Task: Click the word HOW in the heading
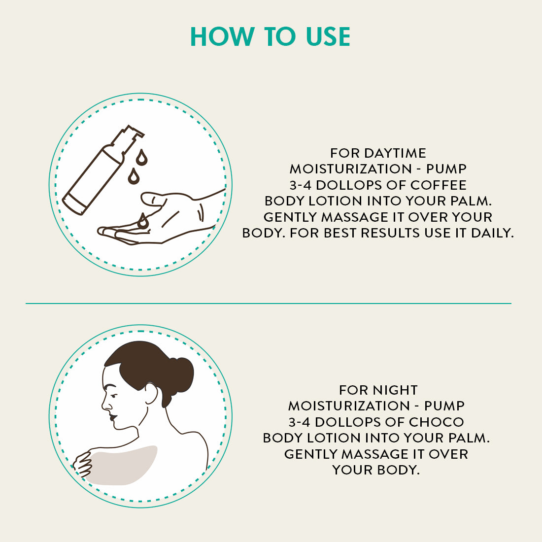click(x=222, y=36)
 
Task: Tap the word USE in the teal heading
click(x=328, y=36)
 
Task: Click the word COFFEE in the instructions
click(x=439, y=185)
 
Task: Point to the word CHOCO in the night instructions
click(x=436, y=422)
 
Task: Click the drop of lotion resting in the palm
click(x=143, y=221)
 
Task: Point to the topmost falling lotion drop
click(x=141, y=157)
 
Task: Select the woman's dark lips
click(x=112, y=417)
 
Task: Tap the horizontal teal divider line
click(x=268, y=304)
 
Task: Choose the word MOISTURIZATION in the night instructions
click(x=349, y=406)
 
